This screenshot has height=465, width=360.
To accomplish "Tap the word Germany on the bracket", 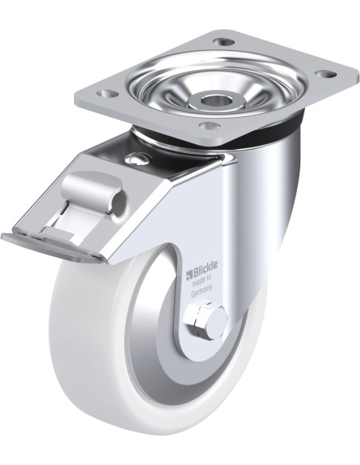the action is pyautogui.click(x=202, y=291).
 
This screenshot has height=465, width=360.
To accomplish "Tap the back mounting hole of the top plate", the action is pyautogui.click(x=224, y=41).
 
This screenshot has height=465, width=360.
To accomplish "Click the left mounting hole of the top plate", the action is pyautogui.click(x=108, y=94).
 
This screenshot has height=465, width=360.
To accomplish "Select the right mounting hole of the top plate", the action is pyautogui.click(x=325, y=73).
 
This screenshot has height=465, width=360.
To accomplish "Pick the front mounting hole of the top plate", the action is pyautogui.click(x=209, y=126).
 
